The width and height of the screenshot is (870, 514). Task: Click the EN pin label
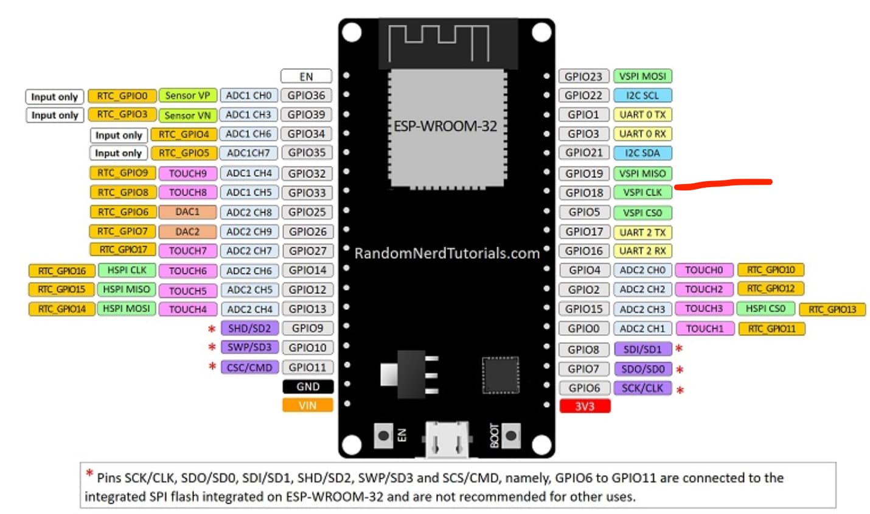(x=306, y=77)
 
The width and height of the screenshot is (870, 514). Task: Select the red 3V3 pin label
(x=585, y=406)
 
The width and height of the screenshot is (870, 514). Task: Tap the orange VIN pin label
(x=307, y=405)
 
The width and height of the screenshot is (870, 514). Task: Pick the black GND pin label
(x=308, y=386)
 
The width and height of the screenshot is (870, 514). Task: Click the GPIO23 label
(x=583, y=77)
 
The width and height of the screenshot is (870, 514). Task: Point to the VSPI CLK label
(x=642, y=193)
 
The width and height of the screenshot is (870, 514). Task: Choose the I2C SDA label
(x=642, y=153)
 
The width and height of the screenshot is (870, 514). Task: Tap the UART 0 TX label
(x=642, y=115)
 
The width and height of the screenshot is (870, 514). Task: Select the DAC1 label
(x=187, y=212)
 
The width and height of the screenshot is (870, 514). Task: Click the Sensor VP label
(x=187, y=95)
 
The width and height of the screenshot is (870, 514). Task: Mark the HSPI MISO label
(x=126, y=289)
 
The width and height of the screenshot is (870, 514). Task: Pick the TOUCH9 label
(x=187, y=173)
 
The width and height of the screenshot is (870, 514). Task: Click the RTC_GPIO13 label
(x=832, y=310)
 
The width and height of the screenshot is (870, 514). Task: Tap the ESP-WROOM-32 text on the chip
(x=445, y=126)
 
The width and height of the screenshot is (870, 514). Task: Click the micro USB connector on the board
(x=447, y=439)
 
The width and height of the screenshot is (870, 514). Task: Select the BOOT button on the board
(x=510, y=436)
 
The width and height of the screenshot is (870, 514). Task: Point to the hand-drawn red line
(x=724, y=183)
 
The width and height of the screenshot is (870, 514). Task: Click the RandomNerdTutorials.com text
(x=447, y=253)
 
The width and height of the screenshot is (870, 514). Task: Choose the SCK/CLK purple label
(x=642, y=388)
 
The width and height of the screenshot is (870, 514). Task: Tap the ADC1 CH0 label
(x=248, y=95)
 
